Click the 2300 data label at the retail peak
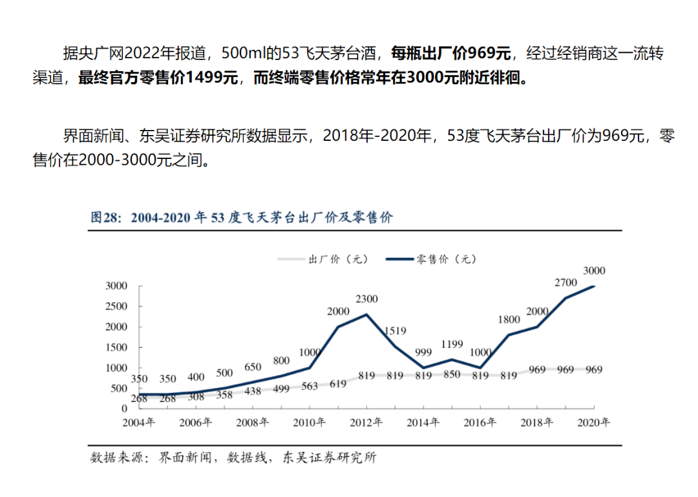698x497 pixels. [x=366, y=299]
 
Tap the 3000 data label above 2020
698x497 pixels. [x=593, y=271]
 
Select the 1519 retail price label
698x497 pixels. [x=394, y=331]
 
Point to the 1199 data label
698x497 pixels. [x=451, y=344]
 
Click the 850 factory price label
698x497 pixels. [x=451, y=375]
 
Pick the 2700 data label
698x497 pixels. [x=566, y=282]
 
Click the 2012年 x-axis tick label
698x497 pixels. [x=366, y=423]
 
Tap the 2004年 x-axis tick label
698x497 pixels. [x=139, y=423]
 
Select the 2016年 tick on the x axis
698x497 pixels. [x=480, y=423]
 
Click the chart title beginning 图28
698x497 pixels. [x=241, y=217]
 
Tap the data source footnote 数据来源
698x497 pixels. [x=233, y=458]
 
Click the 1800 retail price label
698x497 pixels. [x=509, y=319]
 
